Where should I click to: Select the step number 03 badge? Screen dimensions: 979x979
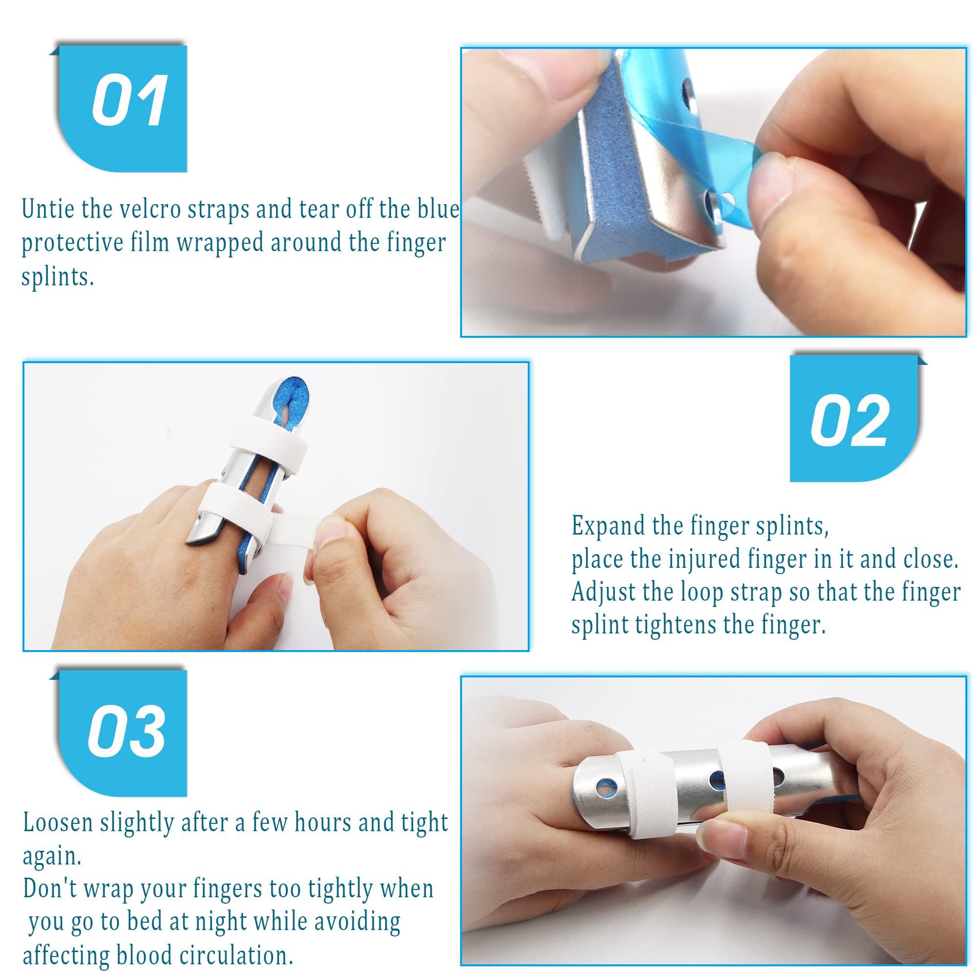point(127,731)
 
